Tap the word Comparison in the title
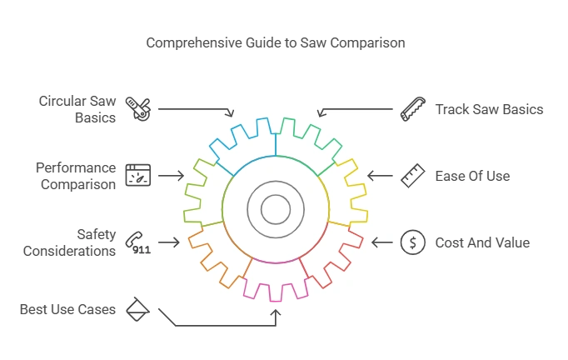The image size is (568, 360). point(369,42)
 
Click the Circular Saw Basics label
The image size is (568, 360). point(77,109)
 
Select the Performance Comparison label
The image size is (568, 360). point(76,176)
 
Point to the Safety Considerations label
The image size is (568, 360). point(70,242)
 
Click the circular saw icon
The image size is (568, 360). point(137,109)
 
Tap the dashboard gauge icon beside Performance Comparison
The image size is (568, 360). point(137,176)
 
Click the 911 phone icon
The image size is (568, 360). point(137,242)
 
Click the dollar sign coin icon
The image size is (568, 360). point(411,242)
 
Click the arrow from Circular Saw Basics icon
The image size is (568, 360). point(196,110)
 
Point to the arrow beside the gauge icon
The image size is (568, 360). point(171,176)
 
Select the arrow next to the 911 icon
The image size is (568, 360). point(169,242)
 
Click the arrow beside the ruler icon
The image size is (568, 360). point(380,176)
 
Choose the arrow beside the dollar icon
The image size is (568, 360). point(382,242)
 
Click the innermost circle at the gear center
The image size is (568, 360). point(276,209)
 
